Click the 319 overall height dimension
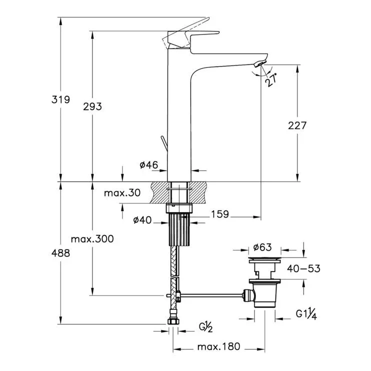point(61,99)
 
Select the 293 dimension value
point(92,106)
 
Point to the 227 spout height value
point(297,125)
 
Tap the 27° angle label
point(270,80)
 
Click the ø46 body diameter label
point(149,165)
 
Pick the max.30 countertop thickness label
point(122,193)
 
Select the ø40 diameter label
point(142,220)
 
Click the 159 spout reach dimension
point(220,214)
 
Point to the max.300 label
point(92,238)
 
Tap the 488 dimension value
point(61,253)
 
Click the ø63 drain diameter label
point(262,247)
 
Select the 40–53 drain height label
point(303,268)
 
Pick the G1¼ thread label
point(306,314)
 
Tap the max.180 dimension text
point(219,347)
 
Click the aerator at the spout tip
point(260,63)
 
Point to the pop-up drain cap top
point(264,260)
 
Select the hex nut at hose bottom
point(173,321)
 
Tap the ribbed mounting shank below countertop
point(179,229)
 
